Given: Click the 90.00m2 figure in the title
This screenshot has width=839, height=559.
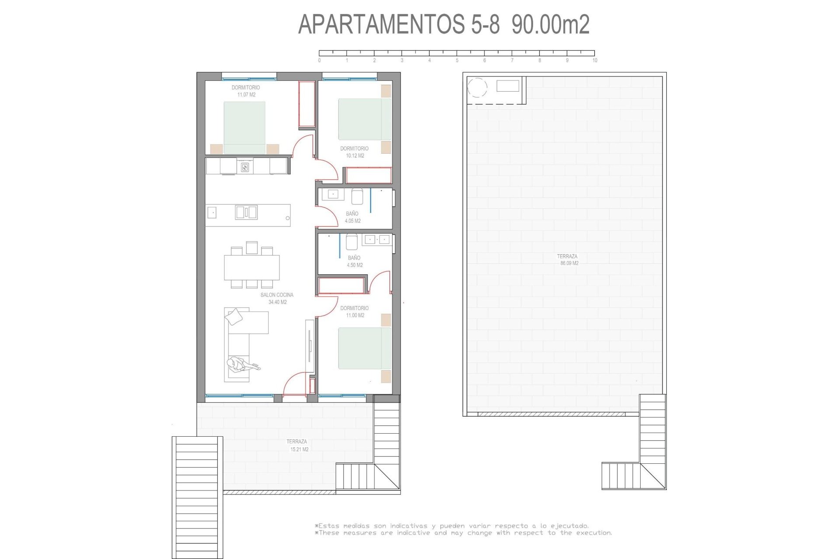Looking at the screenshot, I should coord(551,24).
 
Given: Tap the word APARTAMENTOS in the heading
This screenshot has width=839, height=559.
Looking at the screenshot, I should coord(380,24).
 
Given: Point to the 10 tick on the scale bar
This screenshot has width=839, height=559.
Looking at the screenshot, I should coord(594,60).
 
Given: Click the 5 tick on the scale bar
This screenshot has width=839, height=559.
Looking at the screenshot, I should coord(457,60).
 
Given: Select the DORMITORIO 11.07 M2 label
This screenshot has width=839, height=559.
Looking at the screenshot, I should coord(246,91).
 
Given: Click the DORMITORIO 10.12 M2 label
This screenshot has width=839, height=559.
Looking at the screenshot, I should coord(354,152).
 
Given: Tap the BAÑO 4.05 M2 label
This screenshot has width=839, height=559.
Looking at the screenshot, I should coord(352,217).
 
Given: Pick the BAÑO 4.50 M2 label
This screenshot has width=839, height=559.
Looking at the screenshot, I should coord(354,261).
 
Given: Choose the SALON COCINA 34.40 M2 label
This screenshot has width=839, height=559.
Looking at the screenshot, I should coord(277,298).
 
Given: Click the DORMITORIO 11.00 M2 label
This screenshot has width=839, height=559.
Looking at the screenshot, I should coord(354,311).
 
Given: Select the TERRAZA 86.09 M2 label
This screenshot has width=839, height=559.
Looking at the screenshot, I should coord(568,260).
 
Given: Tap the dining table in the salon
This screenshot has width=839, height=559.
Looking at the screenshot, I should coord(252,267).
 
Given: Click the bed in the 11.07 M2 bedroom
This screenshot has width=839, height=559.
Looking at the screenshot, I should coord(244,128).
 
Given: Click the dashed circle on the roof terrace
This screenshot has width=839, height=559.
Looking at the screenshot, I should coord(477,87).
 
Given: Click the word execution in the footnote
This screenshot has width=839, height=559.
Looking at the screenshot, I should coord(594,533).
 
